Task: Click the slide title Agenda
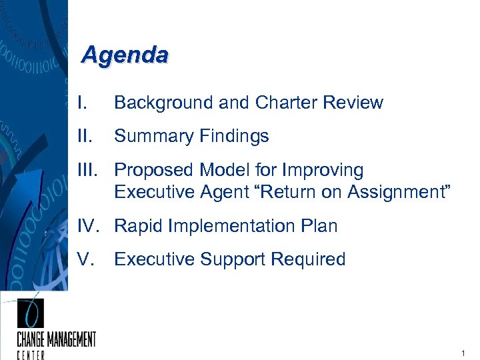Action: [x=124, y=55]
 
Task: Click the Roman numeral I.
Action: [x=81, y=103]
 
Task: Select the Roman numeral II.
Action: [x=83, y=136]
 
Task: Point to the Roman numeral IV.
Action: [x=89, y=226]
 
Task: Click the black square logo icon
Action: [x=30, y=313]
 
